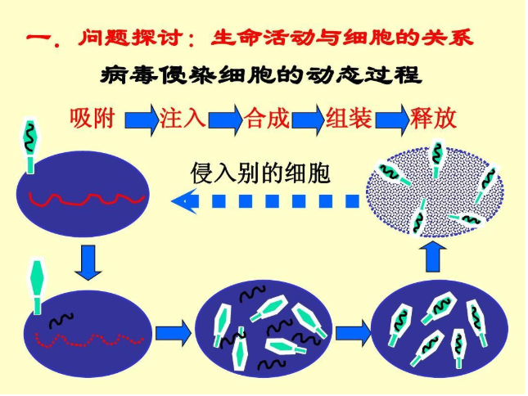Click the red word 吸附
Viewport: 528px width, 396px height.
[92, 119]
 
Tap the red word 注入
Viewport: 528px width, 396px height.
[183, 119]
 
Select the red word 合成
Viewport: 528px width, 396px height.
[267, 119]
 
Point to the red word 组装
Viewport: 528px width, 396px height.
[349, 119]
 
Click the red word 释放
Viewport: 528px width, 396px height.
[433, 119]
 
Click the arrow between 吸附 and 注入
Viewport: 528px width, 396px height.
[142, 119]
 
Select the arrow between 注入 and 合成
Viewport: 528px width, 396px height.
[225, 119]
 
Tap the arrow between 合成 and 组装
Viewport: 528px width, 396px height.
[309, 119]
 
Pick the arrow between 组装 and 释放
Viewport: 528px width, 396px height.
[392, 119]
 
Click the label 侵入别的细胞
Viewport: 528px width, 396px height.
[260, 173]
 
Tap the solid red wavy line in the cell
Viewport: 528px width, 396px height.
[87, 198]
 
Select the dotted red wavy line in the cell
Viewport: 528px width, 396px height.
[89, 340]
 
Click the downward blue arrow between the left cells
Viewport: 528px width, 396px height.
[88, 263]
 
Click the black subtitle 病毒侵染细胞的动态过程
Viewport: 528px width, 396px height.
[260, 74]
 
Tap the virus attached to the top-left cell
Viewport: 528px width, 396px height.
[30, 146]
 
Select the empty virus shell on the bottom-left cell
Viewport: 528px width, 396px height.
[37, 287]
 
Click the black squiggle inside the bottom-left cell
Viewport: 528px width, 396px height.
[61, 320]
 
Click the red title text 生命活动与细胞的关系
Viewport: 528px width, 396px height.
[342, 37]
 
